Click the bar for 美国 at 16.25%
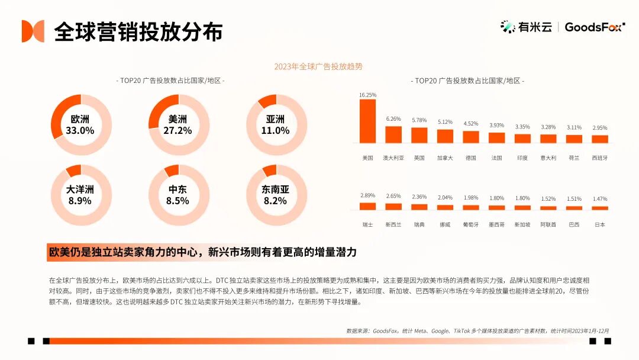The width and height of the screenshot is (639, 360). (367, 121)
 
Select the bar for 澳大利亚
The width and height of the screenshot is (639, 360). (393, 134)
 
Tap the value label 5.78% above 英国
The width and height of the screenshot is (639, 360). (419, 120)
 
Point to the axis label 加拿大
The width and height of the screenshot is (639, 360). (445, 158)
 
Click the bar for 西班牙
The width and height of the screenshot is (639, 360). (600, 139)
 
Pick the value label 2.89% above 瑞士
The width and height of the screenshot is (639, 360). (367, 195)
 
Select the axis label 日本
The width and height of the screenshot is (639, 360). (600, 225)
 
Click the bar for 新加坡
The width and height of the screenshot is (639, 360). (522, 208)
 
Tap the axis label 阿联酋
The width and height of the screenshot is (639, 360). (548, 225)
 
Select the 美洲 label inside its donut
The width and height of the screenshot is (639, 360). (177, 119)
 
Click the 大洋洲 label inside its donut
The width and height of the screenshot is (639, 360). (80, 189)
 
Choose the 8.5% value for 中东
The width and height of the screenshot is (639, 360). (177, 201)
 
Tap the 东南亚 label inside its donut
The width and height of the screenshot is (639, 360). (275, 189)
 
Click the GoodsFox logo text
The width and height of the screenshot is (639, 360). (593, 27)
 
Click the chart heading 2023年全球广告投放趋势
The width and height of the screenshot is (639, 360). (318, 66)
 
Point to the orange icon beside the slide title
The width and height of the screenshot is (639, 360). (33, 31)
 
